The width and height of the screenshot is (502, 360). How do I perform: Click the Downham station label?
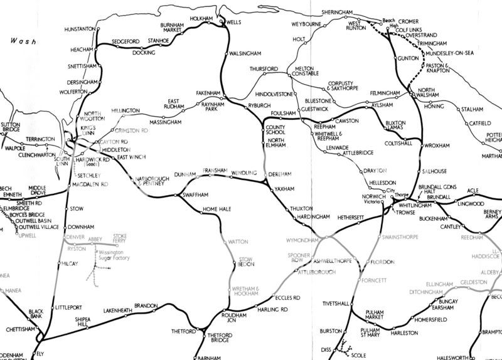(82, 226)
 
